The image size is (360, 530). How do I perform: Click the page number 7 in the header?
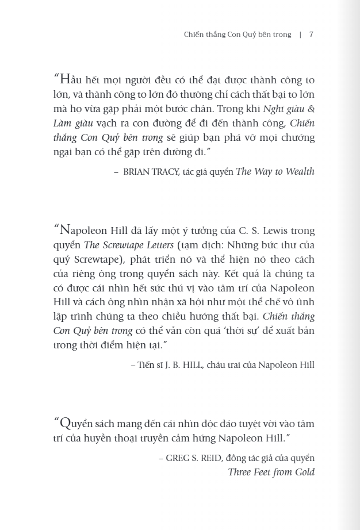311,34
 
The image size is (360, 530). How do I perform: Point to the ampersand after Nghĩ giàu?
311,109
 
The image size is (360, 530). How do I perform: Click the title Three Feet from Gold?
271,473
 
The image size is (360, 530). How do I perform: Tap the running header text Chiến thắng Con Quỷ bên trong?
238,34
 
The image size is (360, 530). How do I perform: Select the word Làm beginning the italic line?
64,124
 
